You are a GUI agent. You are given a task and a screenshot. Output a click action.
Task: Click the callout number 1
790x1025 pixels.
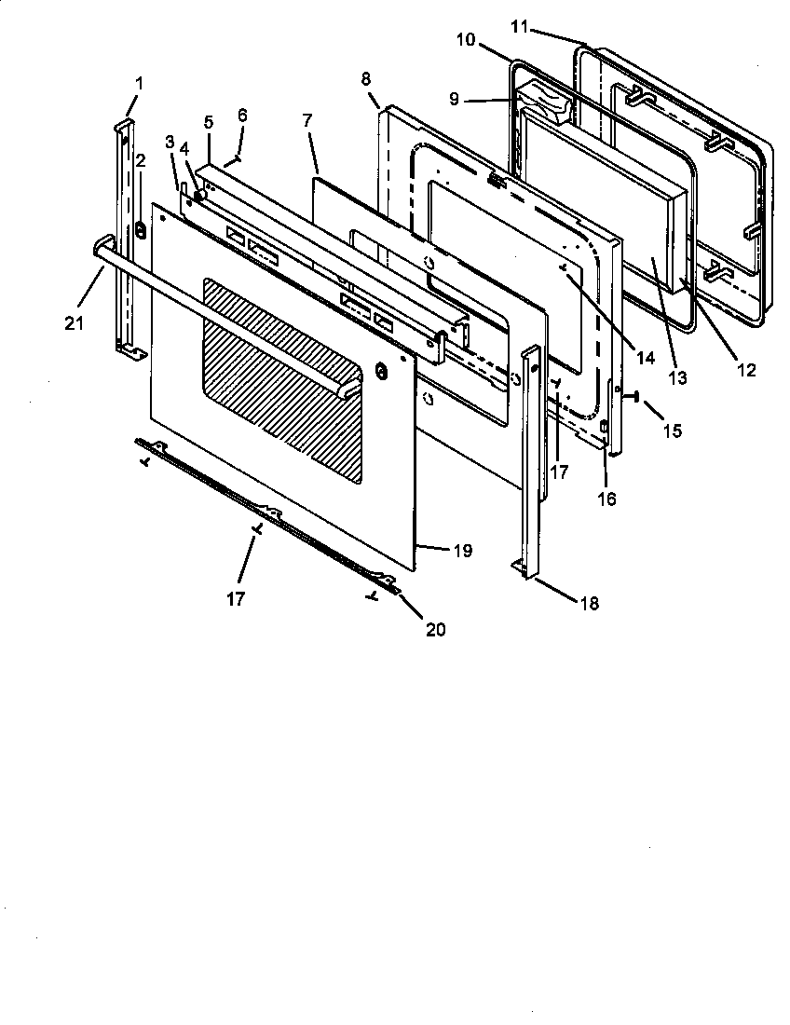(x=139, y=83)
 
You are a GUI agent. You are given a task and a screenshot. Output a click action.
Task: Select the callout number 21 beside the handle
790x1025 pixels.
(x=74, y=322)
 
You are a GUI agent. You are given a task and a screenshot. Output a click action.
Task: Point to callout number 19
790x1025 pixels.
(x=462, y=551)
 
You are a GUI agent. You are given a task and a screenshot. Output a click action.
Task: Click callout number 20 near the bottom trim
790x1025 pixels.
(x=435, y=630)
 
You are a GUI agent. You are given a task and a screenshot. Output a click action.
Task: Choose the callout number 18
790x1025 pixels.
(x=588, y=604)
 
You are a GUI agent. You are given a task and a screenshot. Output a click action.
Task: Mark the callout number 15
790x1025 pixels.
(x=672, y=430)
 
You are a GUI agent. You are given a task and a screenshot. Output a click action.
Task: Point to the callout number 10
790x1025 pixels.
(x=465, y=40)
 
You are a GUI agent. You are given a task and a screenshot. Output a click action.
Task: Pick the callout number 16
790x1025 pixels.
(x=606, y=499)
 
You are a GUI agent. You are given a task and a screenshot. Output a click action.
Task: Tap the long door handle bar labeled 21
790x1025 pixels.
(x=224, y=317)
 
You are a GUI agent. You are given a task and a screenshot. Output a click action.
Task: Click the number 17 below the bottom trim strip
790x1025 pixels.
(x=236, y=598)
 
